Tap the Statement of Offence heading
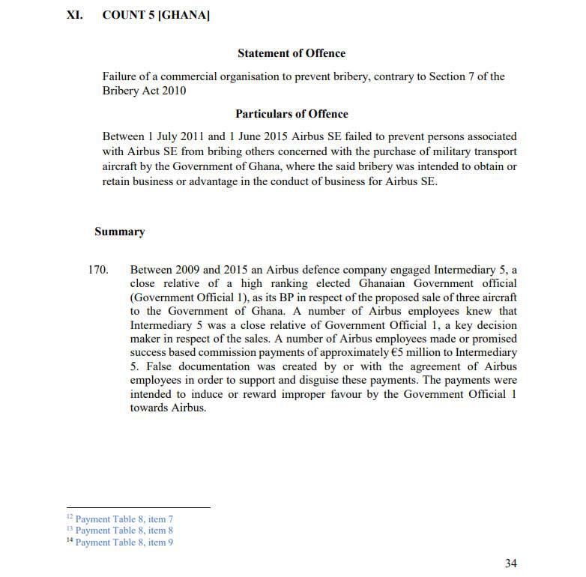tap(292, 53)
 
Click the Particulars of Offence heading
tap(292, 114)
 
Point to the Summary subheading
tap(119, 232)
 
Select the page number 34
tap(510, 563)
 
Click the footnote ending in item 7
tap(124, 519)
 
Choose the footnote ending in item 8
tap(124, 531)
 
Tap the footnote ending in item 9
tap(124, 542)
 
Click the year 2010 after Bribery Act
tap(173, 91)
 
